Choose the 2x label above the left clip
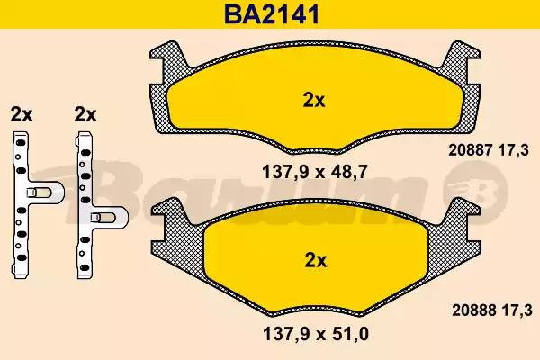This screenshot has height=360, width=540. point(21,114)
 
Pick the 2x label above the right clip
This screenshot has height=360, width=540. point(85,114)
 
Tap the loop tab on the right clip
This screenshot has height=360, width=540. point(112,219)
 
